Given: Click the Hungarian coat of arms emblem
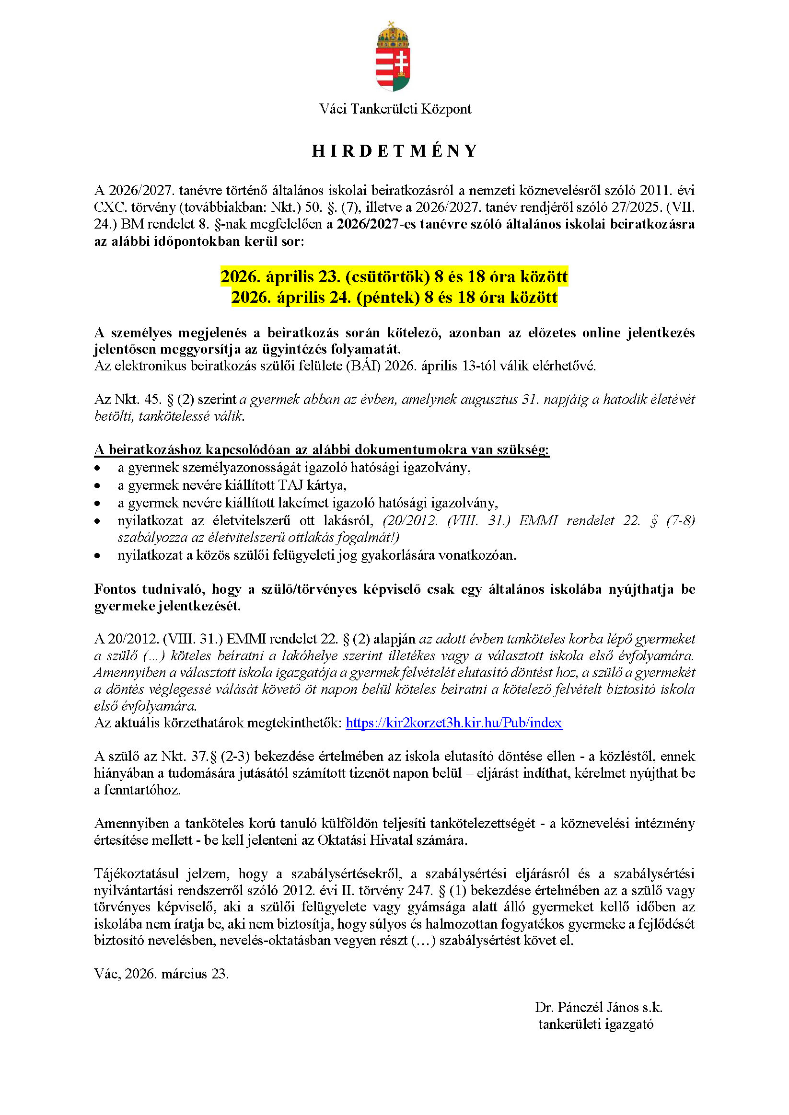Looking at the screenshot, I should (394, 57).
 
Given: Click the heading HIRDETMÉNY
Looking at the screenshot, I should (394, 151).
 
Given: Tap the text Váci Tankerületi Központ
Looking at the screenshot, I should (394, 109).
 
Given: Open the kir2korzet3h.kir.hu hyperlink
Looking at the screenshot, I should (453, 723).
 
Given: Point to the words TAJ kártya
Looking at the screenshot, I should (312, 485).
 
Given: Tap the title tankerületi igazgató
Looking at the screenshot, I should (596, 1024).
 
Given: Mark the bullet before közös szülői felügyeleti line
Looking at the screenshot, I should (98, 555).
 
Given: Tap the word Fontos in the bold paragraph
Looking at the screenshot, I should (115, 589).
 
